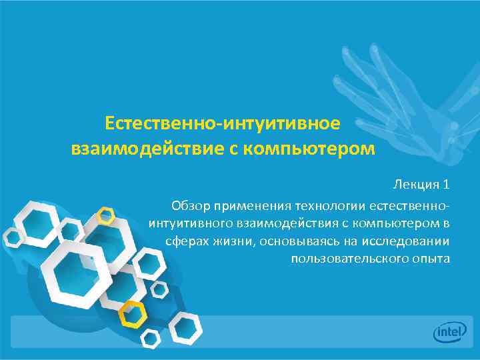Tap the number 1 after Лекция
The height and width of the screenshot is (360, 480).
click(x=446, y=184)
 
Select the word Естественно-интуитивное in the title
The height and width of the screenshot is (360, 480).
click(x=223, y=123)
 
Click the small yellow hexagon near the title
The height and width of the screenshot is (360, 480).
click(x=106, y=215)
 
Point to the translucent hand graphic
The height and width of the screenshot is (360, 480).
click(x=393, y=87)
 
